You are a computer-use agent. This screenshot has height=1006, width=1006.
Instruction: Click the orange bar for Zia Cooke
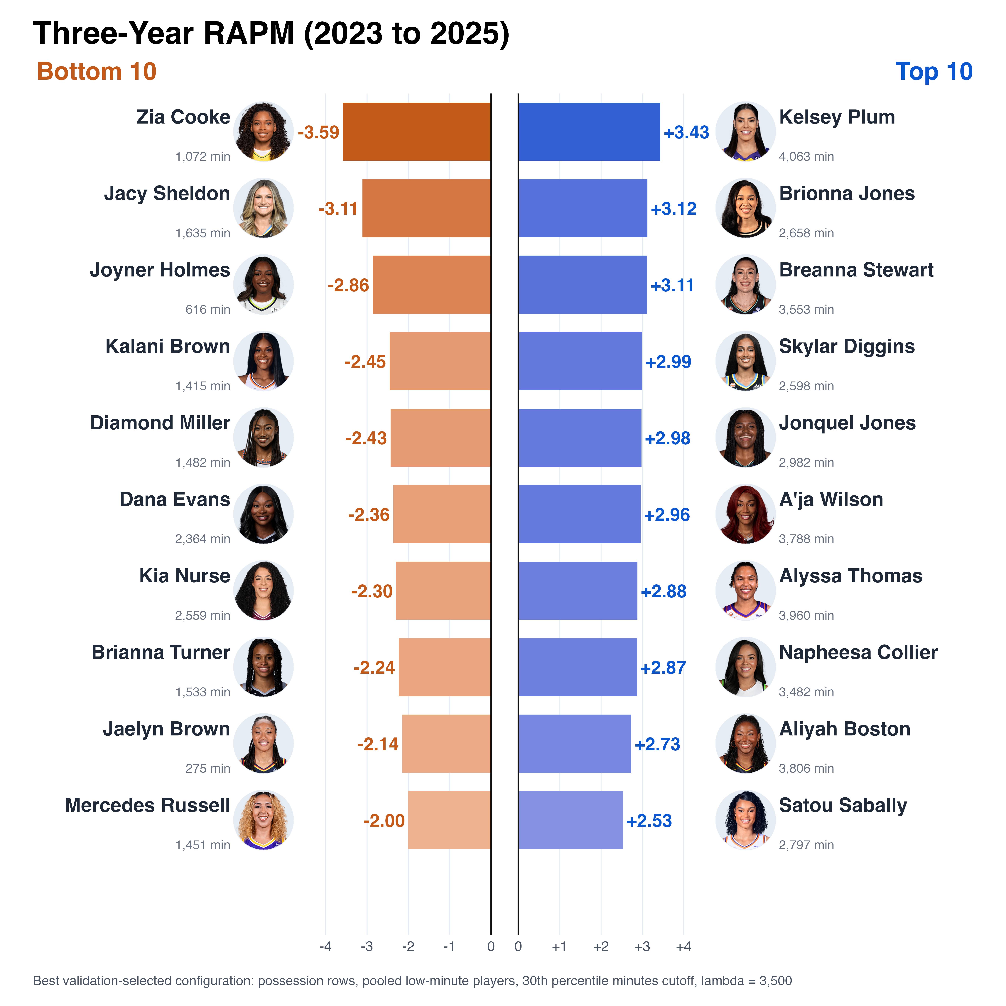point(417,132)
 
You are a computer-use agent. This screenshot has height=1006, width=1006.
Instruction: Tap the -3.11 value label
point(338,209)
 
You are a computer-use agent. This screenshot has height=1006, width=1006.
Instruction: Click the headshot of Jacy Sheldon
point(264,208)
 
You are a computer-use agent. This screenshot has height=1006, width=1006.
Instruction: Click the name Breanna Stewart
point(856,270)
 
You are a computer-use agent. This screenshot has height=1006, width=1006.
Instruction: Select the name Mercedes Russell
point(147,805)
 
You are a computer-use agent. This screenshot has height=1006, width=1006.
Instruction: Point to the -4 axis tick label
point(325,947)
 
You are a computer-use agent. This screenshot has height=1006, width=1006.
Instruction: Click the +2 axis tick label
point(601,947)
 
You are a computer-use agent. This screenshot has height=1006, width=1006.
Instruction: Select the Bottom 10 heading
point(97,71)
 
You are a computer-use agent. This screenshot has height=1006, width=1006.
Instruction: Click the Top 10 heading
point(934,71)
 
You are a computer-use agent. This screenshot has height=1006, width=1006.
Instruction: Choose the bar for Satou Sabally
point(571,820)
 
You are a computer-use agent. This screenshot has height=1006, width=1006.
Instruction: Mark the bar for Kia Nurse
point(443,590)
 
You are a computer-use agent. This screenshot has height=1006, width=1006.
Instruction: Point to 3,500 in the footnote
point(775,981)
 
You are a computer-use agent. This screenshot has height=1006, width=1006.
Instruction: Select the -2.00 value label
point(384,821)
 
